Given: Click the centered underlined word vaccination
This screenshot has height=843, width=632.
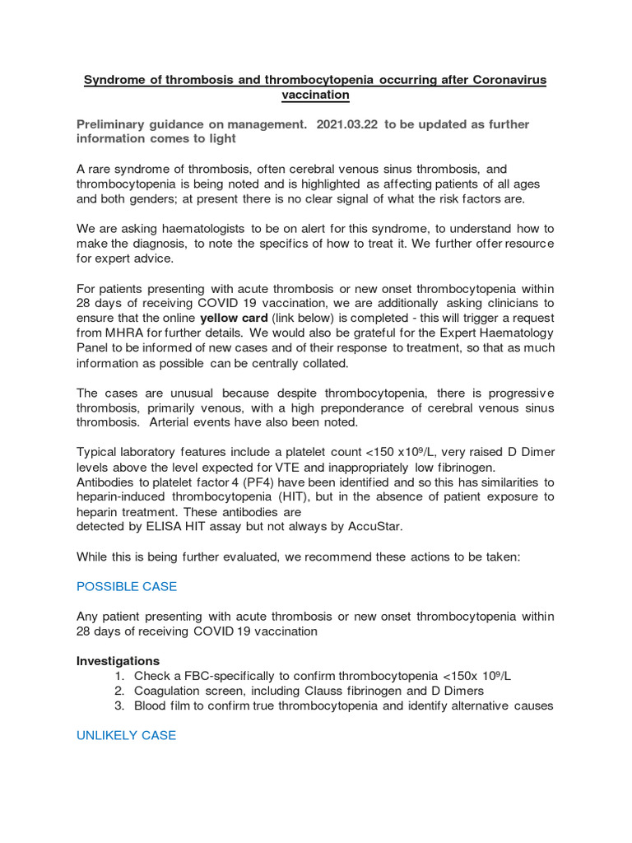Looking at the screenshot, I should [x=315, y=95].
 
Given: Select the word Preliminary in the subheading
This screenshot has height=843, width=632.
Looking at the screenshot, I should [x=111, y=124].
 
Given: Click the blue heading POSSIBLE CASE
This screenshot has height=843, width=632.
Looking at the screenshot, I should [x=127, y=586].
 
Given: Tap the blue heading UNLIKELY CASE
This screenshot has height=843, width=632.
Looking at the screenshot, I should [x=126, y=735].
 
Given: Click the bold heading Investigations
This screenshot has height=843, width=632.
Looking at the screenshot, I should [x=118, y=661].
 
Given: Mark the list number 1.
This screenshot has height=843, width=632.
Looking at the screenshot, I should [x=119, y=676].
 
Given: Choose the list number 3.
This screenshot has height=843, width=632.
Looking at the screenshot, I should [x=119, y=706].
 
